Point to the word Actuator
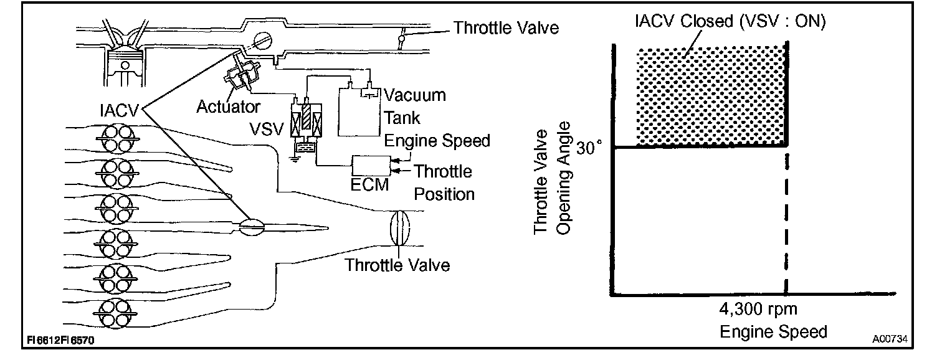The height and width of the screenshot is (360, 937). (x=228, y=107)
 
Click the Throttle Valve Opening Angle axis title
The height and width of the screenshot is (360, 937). (x=554, y=182)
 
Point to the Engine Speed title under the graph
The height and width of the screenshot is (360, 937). (x=773, y=331)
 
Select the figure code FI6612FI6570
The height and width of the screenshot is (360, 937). (x=61, y=341)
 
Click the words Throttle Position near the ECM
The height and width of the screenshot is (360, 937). (x=444, y=182)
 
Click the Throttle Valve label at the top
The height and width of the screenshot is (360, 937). (x=506, y=28)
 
